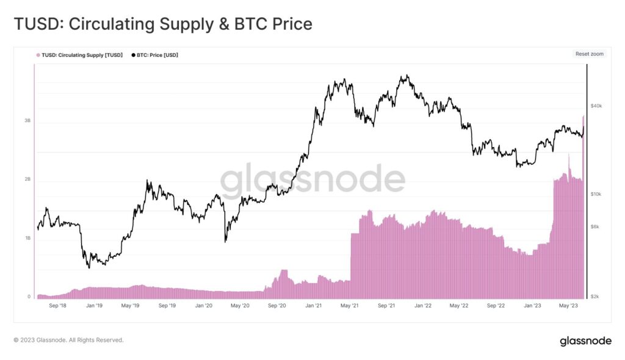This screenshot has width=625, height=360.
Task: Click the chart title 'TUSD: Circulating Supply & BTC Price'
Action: pyautogui.click(x=163, y=24)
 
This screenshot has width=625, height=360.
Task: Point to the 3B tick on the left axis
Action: pyautogui.click(x=27, y=121)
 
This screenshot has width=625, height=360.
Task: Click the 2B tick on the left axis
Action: pyautogui.click(x=27, y=179)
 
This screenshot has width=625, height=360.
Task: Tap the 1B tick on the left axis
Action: pyautogui.click(x=27, y=238)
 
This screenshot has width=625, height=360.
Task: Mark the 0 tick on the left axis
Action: pyautogui.click(x=29, y=297)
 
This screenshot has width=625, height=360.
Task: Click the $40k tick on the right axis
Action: pyautogui.click(x=596, y=106)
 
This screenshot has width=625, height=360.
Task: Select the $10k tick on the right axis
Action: pyautogui.click(x=596, y=194)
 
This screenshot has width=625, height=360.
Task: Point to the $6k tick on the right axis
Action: pyautogui.click(x=594, y=226)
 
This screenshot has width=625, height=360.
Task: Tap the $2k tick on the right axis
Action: pyautogui.click(x=594, y=297)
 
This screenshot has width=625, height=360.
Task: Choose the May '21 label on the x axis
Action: pyautogui.click(x=350, y=305)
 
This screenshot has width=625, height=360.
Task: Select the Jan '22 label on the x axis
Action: pyautogui.click(x=423, y=305)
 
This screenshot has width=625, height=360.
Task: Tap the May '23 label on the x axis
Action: pyautogui.click(x=569, y=305)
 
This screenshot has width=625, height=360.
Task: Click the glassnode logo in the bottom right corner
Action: pyautogui.click(x=585, y=341)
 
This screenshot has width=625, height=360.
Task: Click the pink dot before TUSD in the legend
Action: pyautogui.click(x=38, y=55)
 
